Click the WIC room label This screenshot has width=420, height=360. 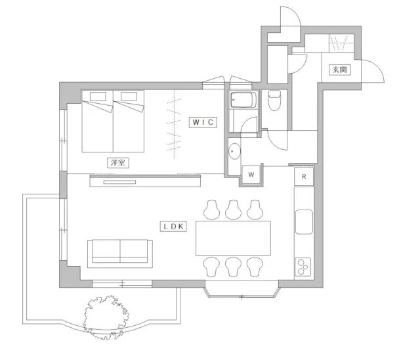click(203, 122)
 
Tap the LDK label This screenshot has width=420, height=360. click(173, 227)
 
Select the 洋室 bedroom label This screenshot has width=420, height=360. click(118, 163)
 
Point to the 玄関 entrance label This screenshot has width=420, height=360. click(340, 70)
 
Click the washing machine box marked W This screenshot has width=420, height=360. click(251, 175)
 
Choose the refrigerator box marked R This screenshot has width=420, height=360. click(304, 177)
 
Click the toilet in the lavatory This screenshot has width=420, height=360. click(274, 101)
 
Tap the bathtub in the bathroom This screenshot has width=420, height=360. click(243, 100)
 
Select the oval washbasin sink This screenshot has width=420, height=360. click(234, 151)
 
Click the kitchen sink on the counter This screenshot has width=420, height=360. click(304, 222)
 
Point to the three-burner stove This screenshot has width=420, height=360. click(303, 267)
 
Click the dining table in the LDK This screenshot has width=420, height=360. click(233, 238)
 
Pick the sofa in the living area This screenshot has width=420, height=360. click(120, 254)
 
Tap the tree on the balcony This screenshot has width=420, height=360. click(106, 317)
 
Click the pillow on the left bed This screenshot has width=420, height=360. click(98, 97)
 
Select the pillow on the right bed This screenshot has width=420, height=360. click(129, 97)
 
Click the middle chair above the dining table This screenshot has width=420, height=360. click(234, 210)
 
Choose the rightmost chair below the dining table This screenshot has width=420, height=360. click(255, 267)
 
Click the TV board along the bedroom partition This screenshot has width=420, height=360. click(145, 181)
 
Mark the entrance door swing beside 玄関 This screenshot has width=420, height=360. click(373, 71)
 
